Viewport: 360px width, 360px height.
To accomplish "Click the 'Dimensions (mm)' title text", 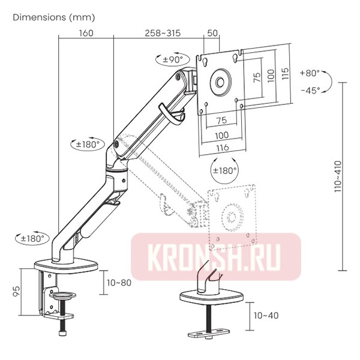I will click(53, 17).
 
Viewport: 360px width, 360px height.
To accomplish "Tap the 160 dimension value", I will click(85, 33).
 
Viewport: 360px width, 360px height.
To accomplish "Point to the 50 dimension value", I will click(212, 33).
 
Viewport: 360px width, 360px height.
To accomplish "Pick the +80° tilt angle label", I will click(310, 73).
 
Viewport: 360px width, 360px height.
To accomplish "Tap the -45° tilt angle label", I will click(310, 90).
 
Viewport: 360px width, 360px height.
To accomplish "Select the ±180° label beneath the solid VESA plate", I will click(226, 170).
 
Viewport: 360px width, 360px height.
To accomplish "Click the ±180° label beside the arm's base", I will click(31, 238).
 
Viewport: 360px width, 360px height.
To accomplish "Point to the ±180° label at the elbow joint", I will click(88, 145).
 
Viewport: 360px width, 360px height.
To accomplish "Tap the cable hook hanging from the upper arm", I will click(171, 115).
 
